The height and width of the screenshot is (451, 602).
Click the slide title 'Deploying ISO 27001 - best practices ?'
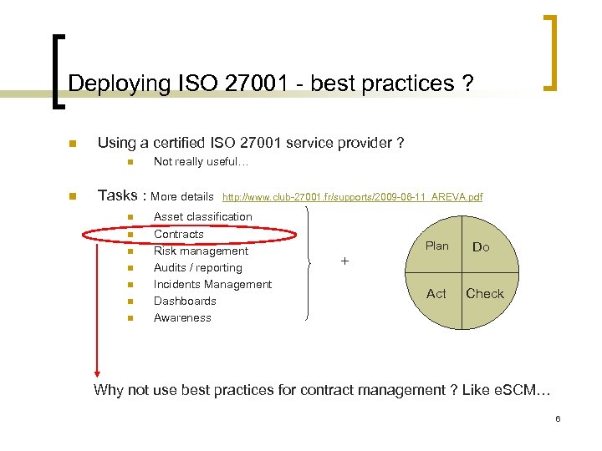(x=270, y=84)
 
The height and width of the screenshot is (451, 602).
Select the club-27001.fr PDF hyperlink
(x=352, y=197)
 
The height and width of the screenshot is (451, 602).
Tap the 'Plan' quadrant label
(x=437, y=246)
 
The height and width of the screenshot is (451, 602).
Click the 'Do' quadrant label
(x=482, y=247)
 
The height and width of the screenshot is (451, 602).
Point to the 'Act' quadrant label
(x=436, y=293)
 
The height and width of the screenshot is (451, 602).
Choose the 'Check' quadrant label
(x=485, y=293)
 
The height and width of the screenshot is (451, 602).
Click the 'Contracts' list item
(x=179, y=234)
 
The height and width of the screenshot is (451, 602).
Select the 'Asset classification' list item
(x=203, y=217)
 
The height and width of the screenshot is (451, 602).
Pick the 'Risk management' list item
(x=201, y=251)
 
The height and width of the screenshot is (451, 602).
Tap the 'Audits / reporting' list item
(x=198, y=267)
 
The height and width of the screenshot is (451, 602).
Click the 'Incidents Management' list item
(x=212, y=284)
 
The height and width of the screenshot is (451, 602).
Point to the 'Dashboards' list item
(x=185, y=301)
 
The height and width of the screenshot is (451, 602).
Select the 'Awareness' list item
(x=182, y=317)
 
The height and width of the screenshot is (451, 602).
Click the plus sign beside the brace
(x=344, y=261)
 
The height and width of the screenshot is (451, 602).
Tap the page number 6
(x=557, y=418)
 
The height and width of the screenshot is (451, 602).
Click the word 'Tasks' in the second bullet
(x=118, y=195)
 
